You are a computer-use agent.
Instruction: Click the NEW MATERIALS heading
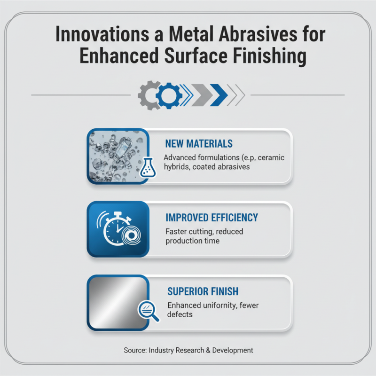(x=199, y=143)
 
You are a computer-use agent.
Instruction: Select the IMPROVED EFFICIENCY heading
(x=211, y=218)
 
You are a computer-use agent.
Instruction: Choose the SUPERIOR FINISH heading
(x=204, y=292)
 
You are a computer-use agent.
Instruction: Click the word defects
(x=180, y=314)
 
